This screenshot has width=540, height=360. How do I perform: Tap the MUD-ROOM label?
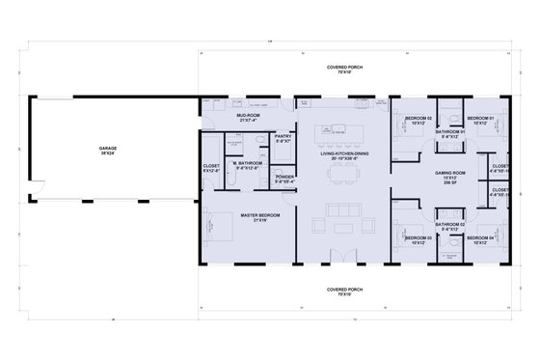pyautogui.click(x=250, y=116)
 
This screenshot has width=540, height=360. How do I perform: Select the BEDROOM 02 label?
pyautogui.click(x=418, y=119)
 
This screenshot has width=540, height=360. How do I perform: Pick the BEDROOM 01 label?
pyautogui.click(x=480, y=119)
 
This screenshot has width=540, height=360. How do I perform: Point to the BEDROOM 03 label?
pyautogui.click(x=418, y=238)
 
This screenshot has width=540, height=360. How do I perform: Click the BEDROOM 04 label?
pyautogui.click(x=480, y=238)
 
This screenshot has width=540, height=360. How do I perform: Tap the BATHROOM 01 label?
pyautogui.click(x=449, y=136)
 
